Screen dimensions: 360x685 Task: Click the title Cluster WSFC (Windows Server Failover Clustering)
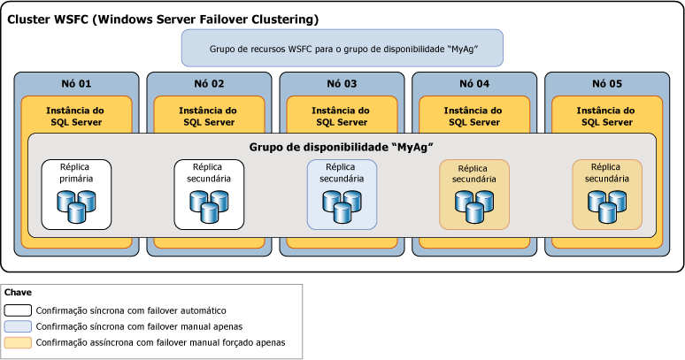[163, 19]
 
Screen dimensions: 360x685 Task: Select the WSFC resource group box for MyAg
[342, 49]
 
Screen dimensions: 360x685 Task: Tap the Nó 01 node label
[76, 84]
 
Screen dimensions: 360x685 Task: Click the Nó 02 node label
[209, 84]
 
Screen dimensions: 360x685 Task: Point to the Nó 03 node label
[342, 84]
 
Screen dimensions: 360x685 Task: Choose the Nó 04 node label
[474, 84]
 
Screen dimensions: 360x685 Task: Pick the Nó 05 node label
[607, 84]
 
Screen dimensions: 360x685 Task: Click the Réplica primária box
[76, 194]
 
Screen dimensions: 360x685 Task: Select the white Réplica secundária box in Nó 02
[209, 194]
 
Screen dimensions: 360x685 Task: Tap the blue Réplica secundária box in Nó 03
[342, 194]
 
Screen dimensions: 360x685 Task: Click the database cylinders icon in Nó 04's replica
[474, 206]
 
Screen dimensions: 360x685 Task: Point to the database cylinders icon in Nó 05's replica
[607, 206]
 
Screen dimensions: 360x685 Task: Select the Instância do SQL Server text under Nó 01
[76, 116]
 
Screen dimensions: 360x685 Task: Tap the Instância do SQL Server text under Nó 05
[607, 116]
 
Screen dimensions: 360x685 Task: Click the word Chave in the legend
[19, 293]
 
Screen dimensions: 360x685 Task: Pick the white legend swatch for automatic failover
[18, 310]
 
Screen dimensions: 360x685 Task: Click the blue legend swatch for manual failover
[18, 326]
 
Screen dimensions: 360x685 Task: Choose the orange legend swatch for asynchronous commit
[18, 341]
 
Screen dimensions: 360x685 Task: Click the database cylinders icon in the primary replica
[76, 206]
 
